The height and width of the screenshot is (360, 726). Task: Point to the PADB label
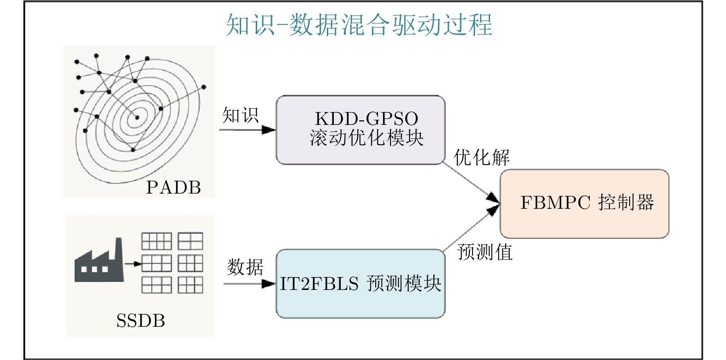[173, 188]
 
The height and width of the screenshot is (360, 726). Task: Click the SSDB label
[141, 321]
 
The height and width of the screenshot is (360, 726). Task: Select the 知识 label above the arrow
[240, 115]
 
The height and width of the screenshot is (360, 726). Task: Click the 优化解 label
[481, 158]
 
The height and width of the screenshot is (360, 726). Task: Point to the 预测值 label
[485, 252]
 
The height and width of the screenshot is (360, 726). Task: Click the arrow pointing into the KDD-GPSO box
[248, 130]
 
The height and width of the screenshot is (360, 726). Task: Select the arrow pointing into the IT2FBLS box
[249, 283]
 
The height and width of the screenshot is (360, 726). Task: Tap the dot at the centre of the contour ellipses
[137, 118]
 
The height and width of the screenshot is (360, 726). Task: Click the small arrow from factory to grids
[133, 264]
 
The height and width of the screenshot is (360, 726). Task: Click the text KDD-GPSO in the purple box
[366, 119]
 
